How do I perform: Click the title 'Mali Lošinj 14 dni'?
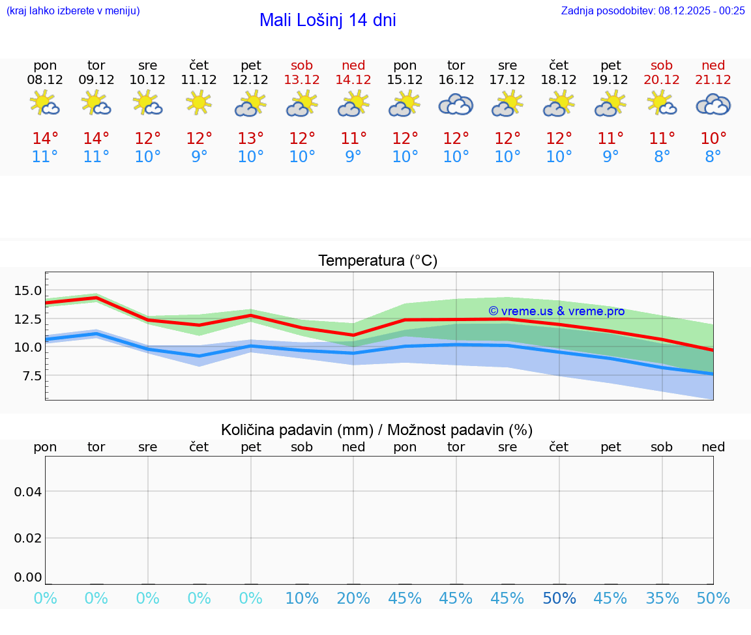point(327,20)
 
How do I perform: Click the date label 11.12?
point(199,79)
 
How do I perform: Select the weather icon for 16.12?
point(456,104)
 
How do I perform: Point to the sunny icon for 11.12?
point(199,102)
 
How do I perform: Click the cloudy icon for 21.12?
point(713,104)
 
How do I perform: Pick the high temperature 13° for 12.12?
point(250,139)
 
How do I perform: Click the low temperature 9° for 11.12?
point(199,157)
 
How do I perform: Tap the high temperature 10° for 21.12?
point(713,139)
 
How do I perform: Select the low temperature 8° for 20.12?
point(662,157)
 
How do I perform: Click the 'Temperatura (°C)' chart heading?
point(377,261)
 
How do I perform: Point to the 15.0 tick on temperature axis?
point(28,290)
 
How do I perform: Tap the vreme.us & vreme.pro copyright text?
point(556,311)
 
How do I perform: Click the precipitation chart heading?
point(377,430)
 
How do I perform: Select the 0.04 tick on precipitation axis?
point(28,492)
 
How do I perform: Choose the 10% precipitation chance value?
point(302,598)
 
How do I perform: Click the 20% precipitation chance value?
point(353,598)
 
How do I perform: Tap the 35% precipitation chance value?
point(662,598)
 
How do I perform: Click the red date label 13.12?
point(302,79)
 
